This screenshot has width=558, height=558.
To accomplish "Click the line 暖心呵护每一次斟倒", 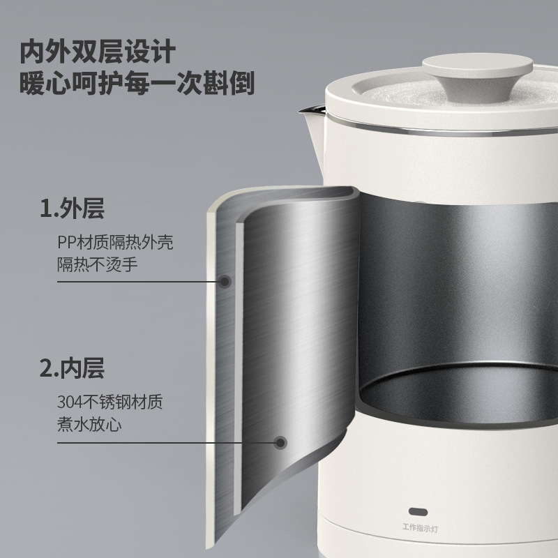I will [x=137, y=84].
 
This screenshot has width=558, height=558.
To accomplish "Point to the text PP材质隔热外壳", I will [x=114, y=243].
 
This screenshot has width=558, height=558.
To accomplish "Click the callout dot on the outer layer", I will [x=225, y=282].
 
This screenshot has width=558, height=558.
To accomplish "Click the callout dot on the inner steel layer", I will [x=280, y=442].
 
